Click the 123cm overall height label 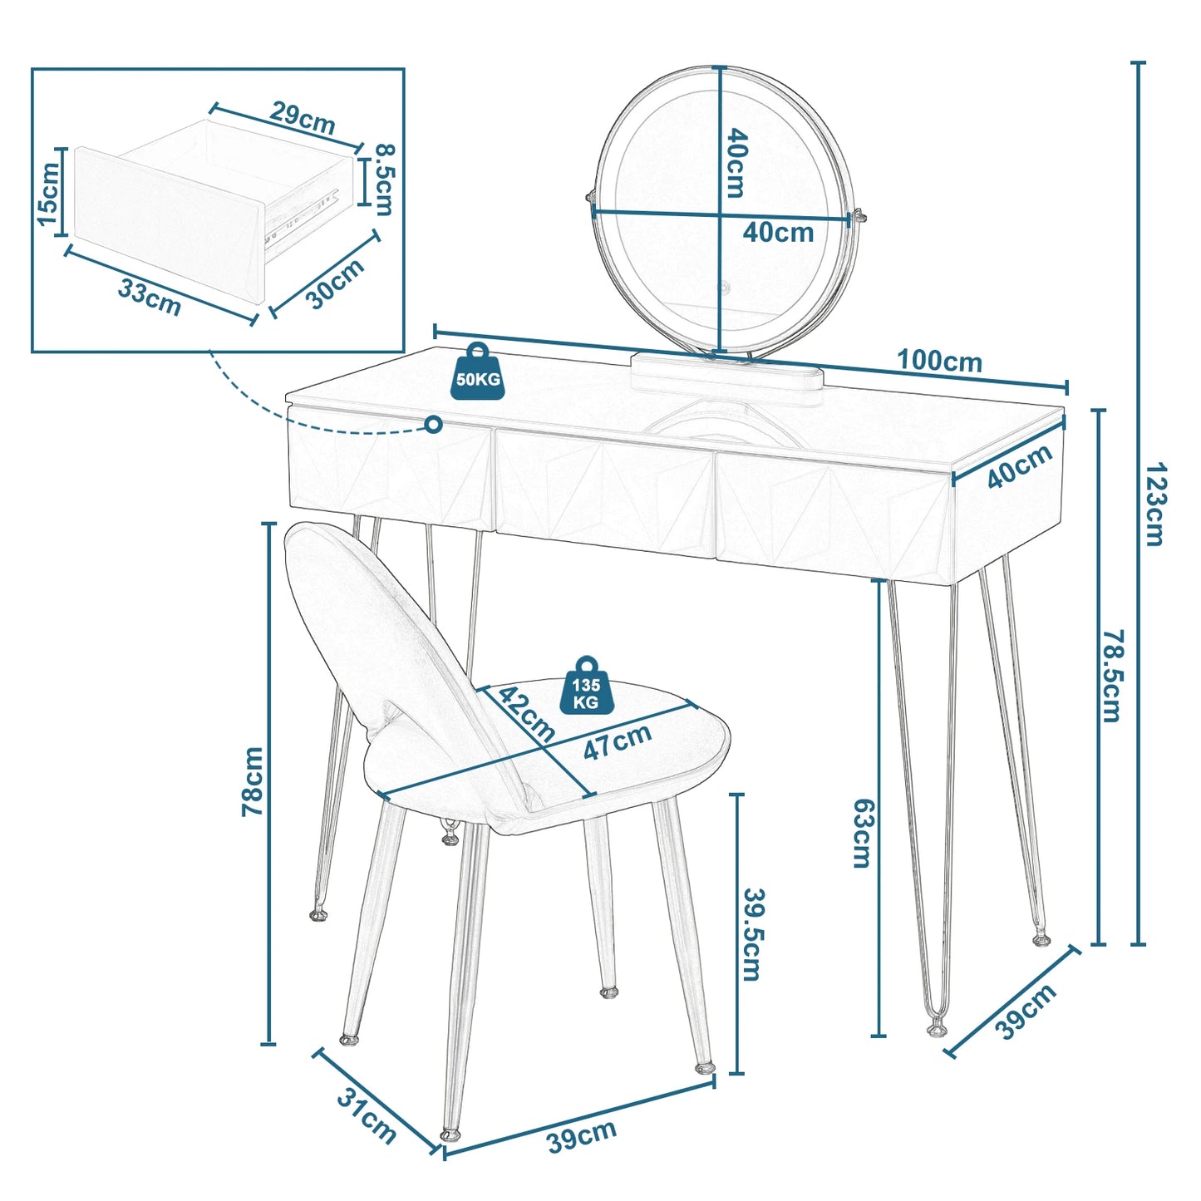coord(1154,505)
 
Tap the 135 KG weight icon coord(586,685)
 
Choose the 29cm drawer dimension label coord(302,116)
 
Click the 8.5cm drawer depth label coord(385,180)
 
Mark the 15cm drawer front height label coord(47,194)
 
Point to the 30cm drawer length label coord(335,283)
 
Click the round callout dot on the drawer coord(433,425)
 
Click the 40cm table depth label coord(1020,467)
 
